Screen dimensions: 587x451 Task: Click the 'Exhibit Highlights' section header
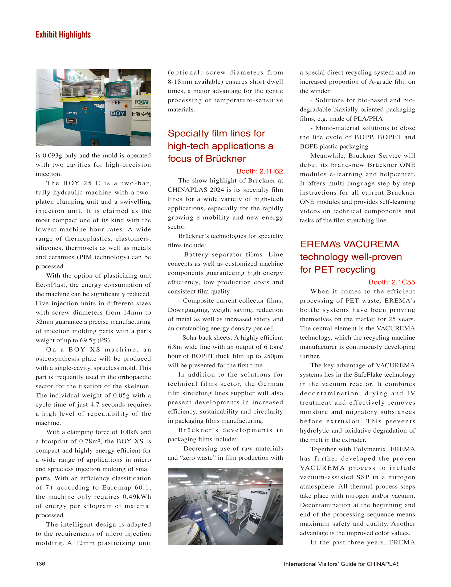click(x=63, y=35)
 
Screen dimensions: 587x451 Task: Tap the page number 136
click(x=40, y=563)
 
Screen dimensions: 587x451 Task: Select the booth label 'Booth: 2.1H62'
click(x=259, y=171)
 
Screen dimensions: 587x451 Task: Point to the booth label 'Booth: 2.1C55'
click(x=392, y=282)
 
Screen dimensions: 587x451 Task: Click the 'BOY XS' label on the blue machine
click(x=71, y=113)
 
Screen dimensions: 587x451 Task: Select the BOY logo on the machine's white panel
click(x=118, y=113)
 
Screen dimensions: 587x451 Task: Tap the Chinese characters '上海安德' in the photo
click(x=141, y=114)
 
